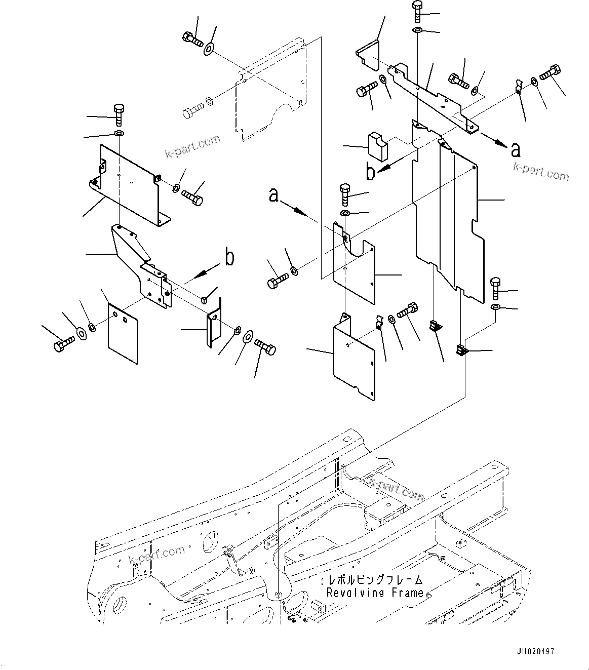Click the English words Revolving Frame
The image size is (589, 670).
(x=375, y=593)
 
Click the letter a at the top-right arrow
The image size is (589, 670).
(x=515, y=149)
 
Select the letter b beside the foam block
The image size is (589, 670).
(x=371, y=173)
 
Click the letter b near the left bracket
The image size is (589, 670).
(x=229, y=258)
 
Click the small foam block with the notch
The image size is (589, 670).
(x=377, y=145)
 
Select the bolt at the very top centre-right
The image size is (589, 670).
(x=417, y=11)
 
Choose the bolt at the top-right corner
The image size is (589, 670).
(x=551, y=73)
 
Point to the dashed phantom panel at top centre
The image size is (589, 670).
(x=273, y=91)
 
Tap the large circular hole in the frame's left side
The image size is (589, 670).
(x=122, y=604)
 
